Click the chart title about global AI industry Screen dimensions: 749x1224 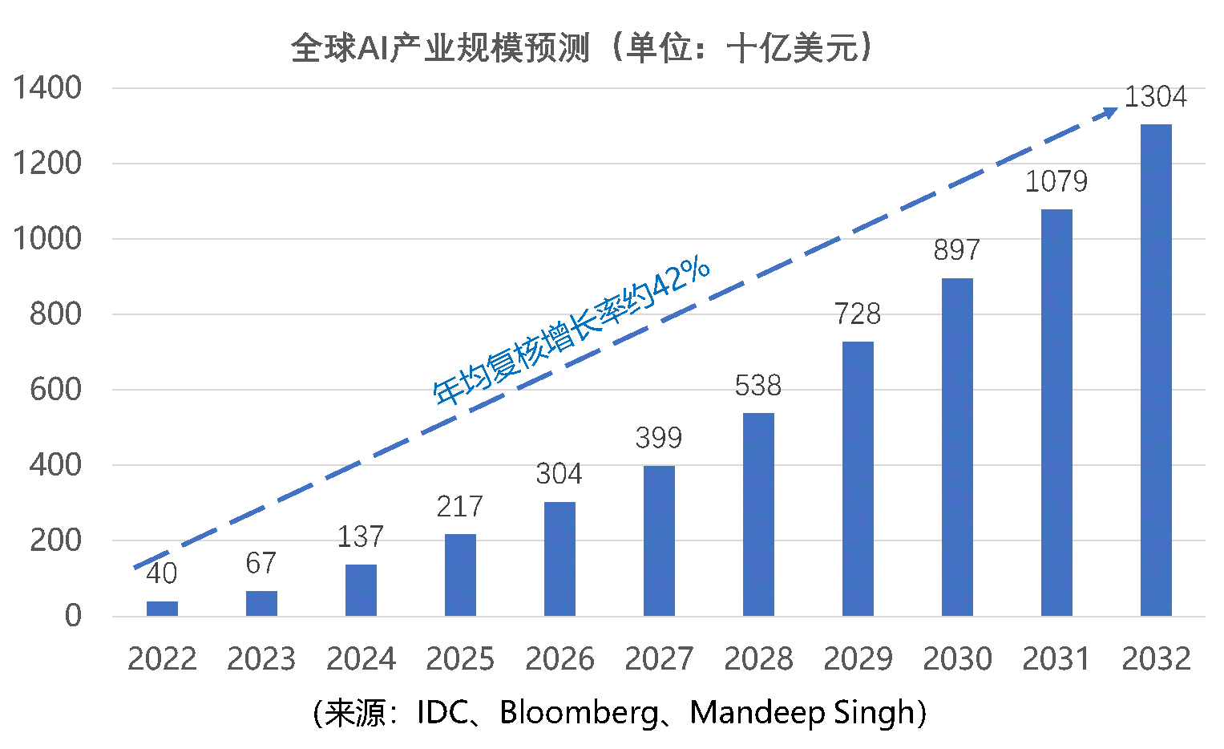pos(582,47)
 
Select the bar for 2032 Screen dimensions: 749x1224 pos(1156,370)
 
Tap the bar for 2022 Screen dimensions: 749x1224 pos(162,608)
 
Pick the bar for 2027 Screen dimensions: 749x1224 pos(659,540)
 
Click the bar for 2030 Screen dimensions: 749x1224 pos(957,447)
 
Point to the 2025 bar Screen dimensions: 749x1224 pos(460,574)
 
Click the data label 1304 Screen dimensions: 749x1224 pos(1155,97)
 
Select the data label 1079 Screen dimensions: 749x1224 pos(1056,182)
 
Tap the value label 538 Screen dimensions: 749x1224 pos(757,386)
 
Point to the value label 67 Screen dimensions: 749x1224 pos(261,563)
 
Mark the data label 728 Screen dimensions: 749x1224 pos(857,314)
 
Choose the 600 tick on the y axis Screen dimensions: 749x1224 pos(55,390)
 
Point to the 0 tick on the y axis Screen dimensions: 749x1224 pos(73,616)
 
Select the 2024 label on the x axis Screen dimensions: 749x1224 pos(361,659)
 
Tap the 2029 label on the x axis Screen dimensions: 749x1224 pos(858,659)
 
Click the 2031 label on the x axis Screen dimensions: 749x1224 pos(1056,659)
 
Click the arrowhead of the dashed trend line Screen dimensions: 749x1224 pos(1110,112)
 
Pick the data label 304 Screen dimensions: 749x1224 pos(559,475)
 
